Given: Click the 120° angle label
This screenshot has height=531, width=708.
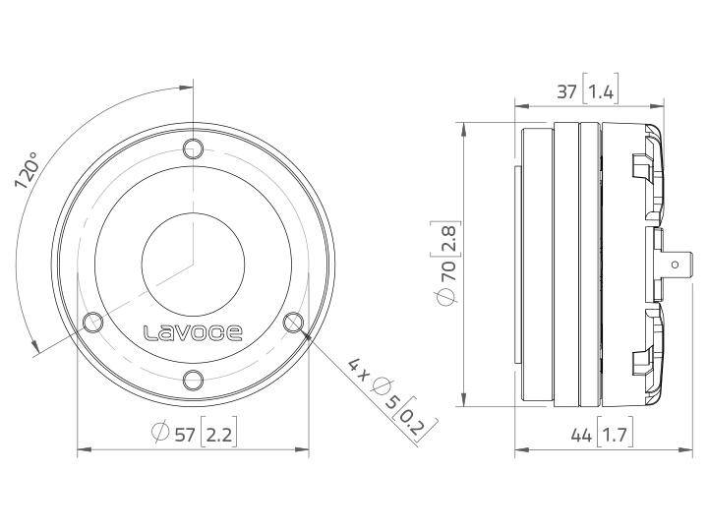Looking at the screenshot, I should [x=27, y=175].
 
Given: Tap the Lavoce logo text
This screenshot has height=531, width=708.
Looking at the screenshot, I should [x=193, y=332].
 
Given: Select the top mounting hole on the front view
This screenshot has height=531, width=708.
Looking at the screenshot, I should [x=193, y=148].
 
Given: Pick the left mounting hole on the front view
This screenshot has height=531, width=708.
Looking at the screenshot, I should [x=94, y=322].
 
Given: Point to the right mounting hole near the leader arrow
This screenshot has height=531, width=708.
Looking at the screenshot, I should [x=292, y=322].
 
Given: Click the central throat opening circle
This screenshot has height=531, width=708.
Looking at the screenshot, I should [x=193, y=264].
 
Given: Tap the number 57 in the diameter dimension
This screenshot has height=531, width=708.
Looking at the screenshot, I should [x=184, y=431].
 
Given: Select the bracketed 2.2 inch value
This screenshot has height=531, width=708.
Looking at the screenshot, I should [x=219, y=431].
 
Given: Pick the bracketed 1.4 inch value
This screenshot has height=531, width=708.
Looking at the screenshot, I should [x=601, y=93].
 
